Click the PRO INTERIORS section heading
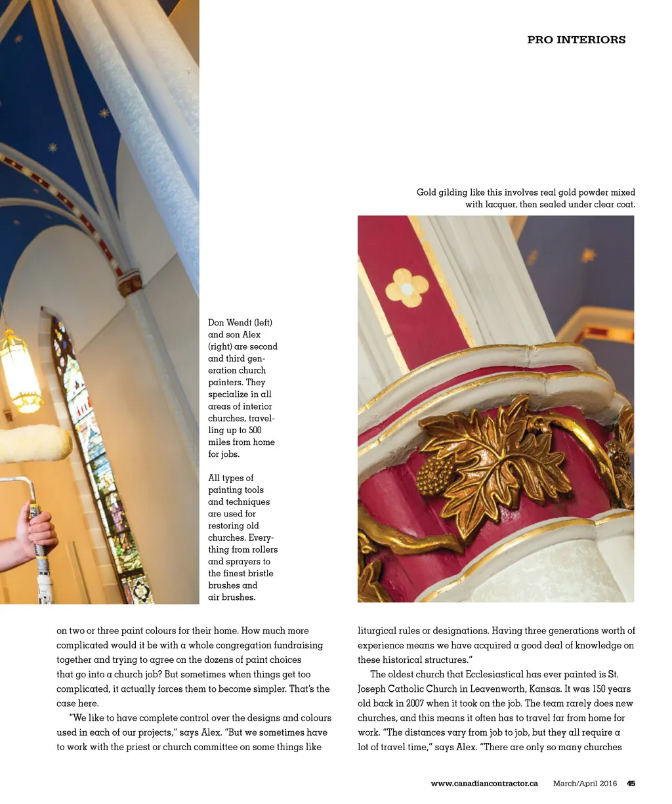[576, 40]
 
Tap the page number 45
[631, 783]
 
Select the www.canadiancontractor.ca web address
[484, 783]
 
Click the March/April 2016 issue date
[585, 783]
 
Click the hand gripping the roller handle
[36, 528]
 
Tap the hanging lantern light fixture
[20, 371]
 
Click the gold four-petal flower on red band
[407, 287]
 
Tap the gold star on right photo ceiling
[588, 255]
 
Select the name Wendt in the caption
[240, 323]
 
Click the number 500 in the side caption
[255, 431]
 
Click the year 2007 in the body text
[415, 704]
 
